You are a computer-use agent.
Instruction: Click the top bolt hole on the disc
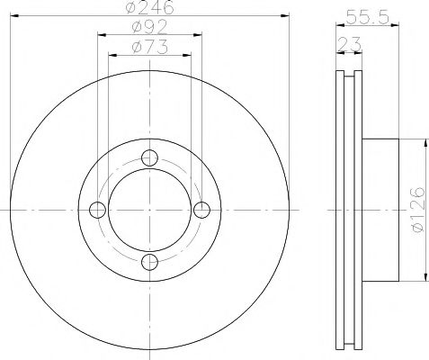click(151, 156)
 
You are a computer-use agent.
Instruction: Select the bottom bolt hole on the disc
click(151, 261)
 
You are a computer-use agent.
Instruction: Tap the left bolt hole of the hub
click(98, 209)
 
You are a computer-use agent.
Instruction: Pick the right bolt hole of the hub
click(203, 209)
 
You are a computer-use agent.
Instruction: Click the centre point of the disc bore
click(151, 209)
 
